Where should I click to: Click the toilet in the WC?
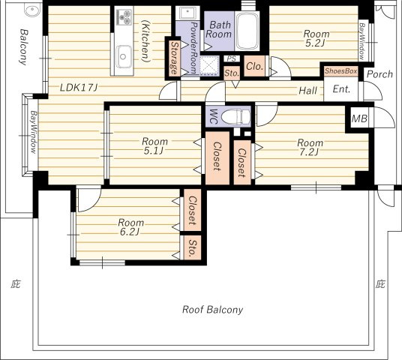coord(235,117)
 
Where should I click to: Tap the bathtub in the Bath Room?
coord(247,31)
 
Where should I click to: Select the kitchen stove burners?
coord(124,17)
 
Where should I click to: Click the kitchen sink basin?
coord(124,57)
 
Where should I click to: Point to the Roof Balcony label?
coord(212,310)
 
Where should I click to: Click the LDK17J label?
coord(79,88)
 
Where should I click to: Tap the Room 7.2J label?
coord(310,147)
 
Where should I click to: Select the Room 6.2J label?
coord(130,227)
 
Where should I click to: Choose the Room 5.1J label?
coord(154,146)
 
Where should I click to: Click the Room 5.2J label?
coord(316,38)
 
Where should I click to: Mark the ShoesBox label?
coord(340,71)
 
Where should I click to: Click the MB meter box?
coord(359,118)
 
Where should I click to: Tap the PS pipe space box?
coord(232,58)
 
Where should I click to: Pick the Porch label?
coord(379,74)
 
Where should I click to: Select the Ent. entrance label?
coord(341,89)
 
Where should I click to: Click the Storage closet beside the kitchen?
coord(174,58)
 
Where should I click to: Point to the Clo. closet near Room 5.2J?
coord(254,66)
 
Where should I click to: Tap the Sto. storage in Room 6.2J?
coord(192,247)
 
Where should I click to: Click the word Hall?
coord(308,90)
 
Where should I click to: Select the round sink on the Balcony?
coord(32,10)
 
